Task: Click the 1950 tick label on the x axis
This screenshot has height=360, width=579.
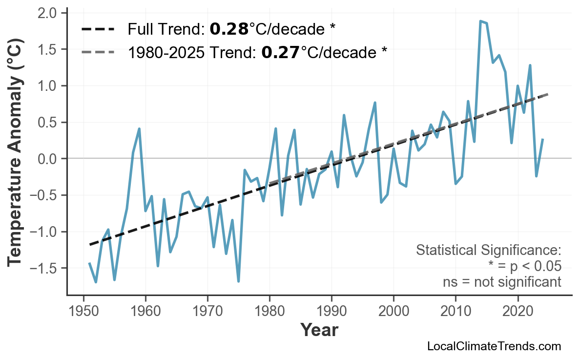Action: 83,311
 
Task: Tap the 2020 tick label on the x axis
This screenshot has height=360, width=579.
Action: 517,311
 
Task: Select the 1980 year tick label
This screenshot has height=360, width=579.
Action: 269,311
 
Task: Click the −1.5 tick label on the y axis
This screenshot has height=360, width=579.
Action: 45,268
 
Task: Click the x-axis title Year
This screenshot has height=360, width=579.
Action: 319,330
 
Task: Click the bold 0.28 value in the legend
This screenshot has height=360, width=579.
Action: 229,30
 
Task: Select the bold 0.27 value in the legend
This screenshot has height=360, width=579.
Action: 281,52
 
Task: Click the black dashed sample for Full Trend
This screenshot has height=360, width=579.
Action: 98,30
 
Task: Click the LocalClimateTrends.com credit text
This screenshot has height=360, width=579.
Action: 494,347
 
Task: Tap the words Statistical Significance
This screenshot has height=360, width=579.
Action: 488,251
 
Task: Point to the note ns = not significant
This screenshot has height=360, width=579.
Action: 502,282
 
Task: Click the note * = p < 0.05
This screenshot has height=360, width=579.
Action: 525,266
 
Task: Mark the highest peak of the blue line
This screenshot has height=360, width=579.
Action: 480,21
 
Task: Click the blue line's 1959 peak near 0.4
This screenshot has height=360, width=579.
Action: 139,129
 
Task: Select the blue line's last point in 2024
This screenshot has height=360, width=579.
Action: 542,139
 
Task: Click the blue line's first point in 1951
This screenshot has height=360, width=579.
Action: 89,263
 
